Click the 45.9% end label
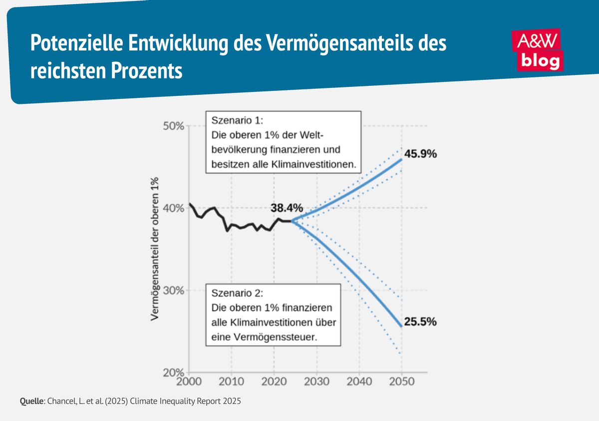[420, 154]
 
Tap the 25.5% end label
[420, 322]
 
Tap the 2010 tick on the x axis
[231, 382]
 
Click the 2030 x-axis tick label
[316, 382]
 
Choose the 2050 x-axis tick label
[402, 382]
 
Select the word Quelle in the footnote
[31, 401]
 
